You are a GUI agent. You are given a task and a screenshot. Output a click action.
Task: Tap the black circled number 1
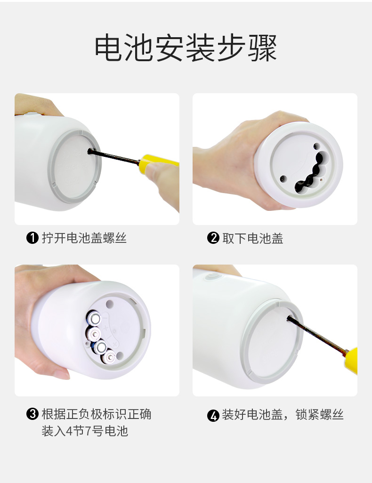point(32,238)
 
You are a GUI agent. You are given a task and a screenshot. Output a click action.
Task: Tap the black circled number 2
point(213,238)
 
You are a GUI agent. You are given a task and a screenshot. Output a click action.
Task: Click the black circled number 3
point(32,414)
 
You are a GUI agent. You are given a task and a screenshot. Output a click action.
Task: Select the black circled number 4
point(213,415)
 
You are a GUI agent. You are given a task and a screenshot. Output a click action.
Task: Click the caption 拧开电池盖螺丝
point(84,238)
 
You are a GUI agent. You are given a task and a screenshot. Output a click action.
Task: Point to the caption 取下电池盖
point(253,238)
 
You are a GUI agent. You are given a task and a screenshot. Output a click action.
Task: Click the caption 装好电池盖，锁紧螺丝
point(283,415)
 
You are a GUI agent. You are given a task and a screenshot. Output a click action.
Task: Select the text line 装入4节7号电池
point(85,431)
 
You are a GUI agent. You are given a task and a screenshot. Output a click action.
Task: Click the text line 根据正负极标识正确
point(97,414)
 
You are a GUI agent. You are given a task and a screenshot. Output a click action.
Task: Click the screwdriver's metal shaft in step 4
point(317,335)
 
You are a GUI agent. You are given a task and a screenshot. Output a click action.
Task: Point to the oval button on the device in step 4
point(213,277)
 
